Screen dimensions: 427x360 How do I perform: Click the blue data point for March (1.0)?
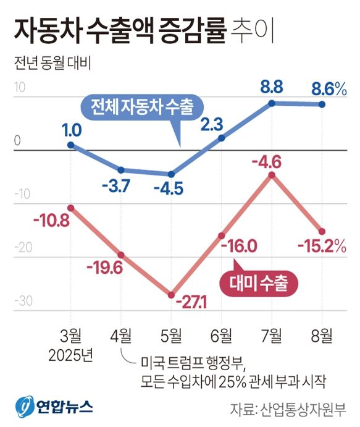[x=71, y=145]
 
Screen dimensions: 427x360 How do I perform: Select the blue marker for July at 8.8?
[x=272, y=103]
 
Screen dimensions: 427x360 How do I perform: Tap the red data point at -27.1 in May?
[x=171, y=295]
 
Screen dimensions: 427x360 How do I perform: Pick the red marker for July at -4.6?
[x=272, y=175]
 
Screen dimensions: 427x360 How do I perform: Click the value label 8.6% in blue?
[x=329, y=89]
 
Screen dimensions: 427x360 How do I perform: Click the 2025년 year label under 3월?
[x=72, y=356]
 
